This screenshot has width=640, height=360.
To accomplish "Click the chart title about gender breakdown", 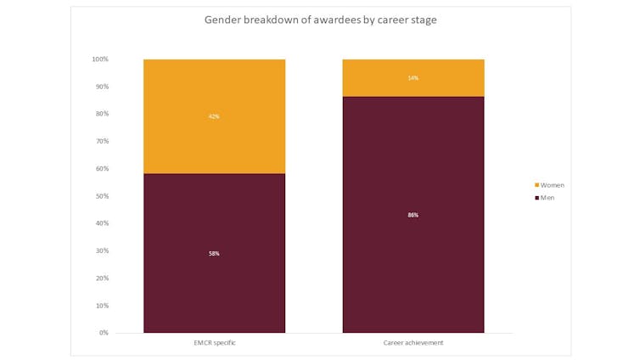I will [320, 20].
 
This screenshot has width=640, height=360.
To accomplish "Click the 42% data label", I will [214, 116].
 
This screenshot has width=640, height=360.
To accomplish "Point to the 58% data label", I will [214, 253].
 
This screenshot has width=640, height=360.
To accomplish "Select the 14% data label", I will [413, 78].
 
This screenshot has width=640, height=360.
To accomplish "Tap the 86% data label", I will [413, 215].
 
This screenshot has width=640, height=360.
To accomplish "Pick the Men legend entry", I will [547, 198].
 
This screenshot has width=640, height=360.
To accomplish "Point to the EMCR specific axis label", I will [214, 342].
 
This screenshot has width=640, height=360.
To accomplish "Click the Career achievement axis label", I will [413, 342].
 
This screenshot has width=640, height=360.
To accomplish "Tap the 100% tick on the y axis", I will [100, 59].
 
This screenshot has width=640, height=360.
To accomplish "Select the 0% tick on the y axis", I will [104, 333].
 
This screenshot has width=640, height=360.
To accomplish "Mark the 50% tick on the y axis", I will [102, 196].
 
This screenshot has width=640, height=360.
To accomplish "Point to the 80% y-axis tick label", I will [102, 114].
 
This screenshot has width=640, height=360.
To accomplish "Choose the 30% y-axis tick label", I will [102, 250].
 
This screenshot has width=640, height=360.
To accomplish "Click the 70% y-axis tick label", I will [102, 141].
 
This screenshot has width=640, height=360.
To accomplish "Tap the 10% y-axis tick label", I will [102, 306].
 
